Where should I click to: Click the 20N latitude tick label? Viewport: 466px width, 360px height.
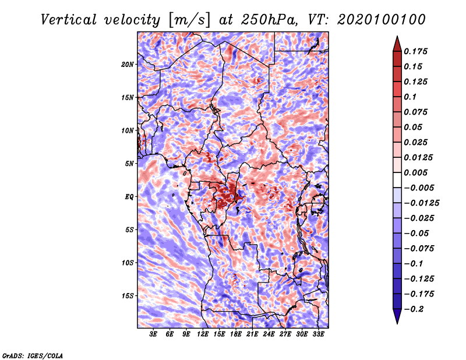[128, 65]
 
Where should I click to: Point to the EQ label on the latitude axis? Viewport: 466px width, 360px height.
[129, 197]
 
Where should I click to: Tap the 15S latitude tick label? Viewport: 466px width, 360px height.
[128, 296]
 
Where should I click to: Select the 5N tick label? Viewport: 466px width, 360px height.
[129, 164]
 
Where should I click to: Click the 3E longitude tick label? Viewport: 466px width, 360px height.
[153, 334]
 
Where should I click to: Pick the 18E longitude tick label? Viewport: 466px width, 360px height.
[236, 334]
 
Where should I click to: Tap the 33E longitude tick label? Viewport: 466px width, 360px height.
[318, 334]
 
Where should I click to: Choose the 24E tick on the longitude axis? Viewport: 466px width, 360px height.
[269, 334]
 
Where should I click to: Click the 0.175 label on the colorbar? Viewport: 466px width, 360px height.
[416, 51]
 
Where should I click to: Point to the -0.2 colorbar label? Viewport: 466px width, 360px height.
[414, 309]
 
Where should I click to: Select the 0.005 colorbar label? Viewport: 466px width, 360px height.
[416, 172]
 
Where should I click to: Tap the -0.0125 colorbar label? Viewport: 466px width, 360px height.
[422, 203]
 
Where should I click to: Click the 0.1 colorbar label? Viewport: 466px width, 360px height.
[411, 97]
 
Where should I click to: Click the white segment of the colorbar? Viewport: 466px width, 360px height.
[397, 180]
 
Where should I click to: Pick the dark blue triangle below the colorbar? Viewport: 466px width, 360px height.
[397, 315]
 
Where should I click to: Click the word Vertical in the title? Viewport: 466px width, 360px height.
[69, 20]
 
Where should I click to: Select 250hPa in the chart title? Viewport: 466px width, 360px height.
[269, 20]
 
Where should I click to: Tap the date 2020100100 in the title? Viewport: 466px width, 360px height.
[382, 20]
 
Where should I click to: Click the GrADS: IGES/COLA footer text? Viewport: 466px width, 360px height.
[33, 356]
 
